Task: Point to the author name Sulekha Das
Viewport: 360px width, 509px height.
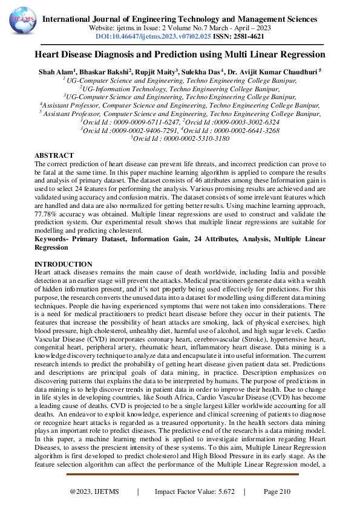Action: (209, 71)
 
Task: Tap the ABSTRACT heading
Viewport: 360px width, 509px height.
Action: (54, 155)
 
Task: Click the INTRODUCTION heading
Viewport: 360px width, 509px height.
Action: (63, 264)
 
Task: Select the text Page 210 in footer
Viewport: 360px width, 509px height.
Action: (277, 492)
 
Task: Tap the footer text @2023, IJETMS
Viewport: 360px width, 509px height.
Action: (96, 492)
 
